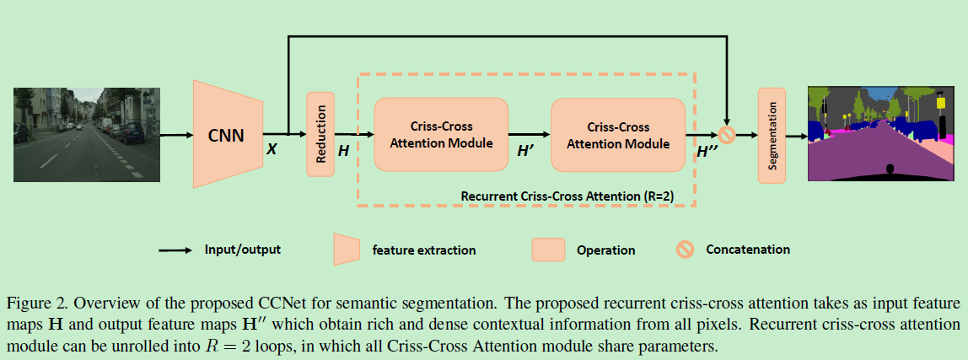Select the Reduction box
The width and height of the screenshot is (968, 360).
320,134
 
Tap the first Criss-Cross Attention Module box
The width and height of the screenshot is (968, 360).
441,135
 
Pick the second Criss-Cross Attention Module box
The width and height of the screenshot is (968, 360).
618,135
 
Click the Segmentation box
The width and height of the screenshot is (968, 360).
772,134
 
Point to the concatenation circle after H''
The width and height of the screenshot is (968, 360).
726,134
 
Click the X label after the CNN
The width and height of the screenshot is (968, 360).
272,148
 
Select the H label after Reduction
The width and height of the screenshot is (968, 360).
343,149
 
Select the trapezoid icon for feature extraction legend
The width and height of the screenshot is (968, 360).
347,250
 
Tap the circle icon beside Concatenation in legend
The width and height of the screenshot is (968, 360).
686,250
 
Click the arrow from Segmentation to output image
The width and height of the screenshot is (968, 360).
796,134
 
